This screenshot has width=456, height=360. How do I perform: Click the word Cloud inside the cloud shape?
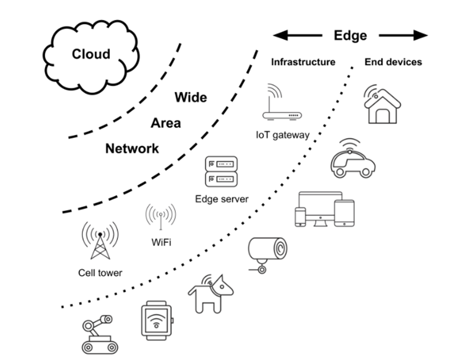91,54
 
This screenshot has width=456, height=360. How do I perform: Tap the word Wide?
190,97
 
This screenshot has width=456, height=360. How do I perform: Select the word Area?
165,123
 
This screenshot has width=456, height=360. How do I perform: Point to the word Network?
132,149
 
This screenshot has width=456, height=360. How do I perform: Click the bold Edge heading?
350,35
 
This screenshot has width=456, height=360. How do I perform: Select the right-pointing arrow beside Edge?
403,35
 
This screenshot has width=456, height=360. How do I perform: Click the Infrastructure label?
303,62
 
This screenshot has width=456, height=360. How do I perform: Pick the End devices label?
393,62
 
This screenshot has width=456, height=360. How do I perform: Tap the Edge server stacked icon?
221,171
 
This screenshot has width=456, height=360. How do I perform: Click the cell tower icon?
99,240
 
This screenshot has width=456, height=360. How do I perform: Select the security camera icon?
267,253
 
